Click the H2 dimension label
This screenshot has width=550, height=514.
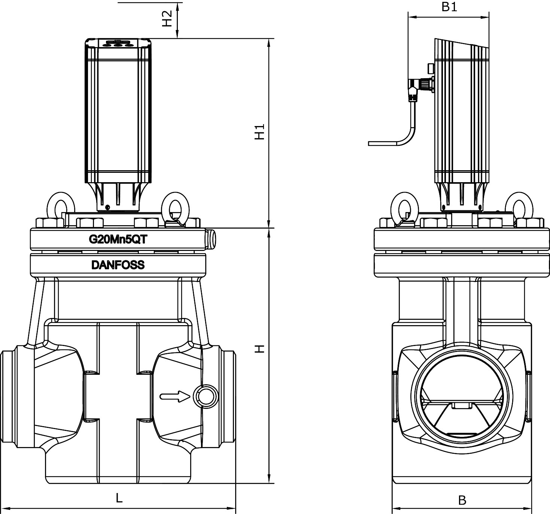167,18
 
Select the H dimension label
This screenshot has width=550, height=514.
259,349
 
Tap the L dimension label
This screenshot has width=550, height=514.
119,498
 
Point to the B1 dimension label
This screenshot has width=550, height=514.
449,6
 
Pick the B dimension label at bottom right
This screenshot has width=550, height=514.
462,500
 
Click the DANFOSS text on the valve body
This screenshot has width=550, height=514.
118,265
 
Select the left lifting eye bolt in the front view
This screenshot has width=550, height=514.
60,207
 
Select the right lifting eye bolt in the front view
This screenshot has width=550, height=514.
176,207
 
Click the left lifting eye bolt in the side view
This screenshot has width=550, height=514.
404,208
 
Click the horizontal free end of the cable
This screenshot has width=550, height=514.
382,143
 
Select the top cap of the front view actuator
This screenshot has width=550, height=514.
118,43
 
